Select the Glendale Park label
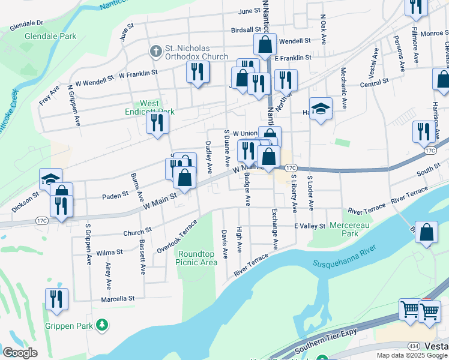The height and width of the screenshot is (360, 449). [x=50, y=36]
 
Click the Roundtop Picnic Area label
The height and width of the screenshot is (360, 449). [x=197, y=258]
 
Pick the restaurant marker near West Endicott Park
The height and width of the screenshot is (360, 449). [x=158, y=122]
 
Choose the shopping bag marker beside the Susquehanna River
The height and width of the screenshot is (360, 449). [x=426, y=233]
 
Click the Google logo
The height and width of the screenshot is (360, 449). [x=20, y=353]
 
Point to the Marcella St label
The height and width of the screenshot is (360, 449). [x=119, y=298]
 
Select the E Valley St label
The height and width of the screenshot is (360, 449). [x=309, y=226]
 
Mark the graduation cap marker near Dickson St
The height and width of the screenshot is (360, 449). [x=50, y=178]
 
